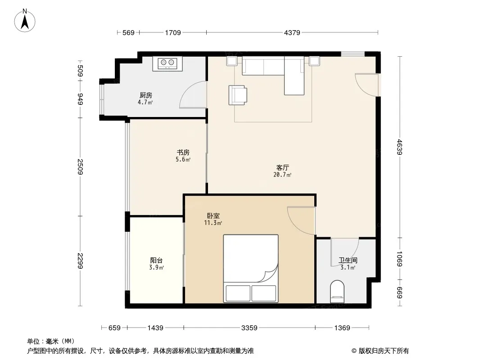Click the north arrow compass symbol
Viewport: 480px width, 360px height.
(25, 21)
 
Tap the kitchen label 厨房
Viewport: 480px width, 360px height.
(146, 95)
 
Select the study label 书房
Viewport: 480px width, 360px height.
(183, 152)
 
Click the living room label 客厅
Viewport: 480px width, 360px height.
(282, 167)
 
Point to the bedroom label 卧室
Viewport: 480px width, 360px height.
(213, 216)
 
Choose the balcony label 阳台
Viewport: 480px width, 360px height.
(156, 261)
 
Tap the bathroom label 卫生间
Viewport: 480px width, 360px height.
(348, 261)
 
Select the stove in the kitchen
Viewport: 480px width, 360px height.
(168, 63)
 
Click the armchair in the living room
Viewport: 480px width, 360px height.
(238, 95)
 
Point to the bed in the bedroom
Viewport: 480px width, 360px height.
(251, 269)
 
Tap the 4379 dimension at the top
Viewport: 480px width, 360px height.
(292, 32)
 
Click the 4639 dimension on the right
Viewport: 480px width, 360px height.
(399, 147)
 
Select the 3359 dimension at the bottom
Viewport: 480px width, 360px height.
(249, 328)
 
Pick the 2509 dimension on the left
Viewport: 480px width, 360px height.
(80, 166)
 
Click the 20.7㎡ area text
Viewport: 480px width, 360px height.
(282, 175)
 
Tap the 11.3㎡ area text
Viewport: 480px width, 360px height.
(213, 223)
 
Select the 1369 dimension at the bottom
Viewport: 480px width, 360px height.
(342, 328)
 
